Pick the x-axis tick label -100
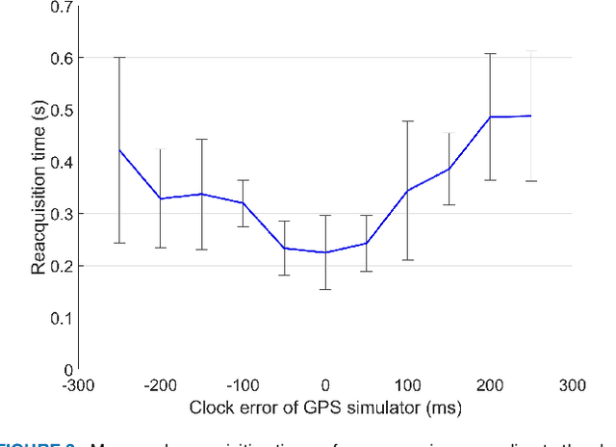click(243, 386)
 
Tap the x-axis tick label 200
click(491, 386)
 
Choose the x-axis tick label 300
click(573, 386)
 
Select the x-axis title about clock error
click(325, 408)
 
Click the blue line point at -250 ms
click(119, 149)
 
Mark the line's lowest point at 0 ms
click(325, 252)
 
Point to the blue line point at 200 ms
click(490, 117)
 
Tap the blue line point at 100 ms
click(407, 191)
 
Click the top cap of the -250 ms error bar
click(119, 58)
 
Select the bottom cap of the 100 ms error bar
click(407, 260)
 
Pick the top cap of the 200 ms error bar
click(490, 54)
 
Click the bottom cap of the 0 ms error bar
click(325, 289)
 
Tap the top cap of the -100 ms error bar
click(243, 180)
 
